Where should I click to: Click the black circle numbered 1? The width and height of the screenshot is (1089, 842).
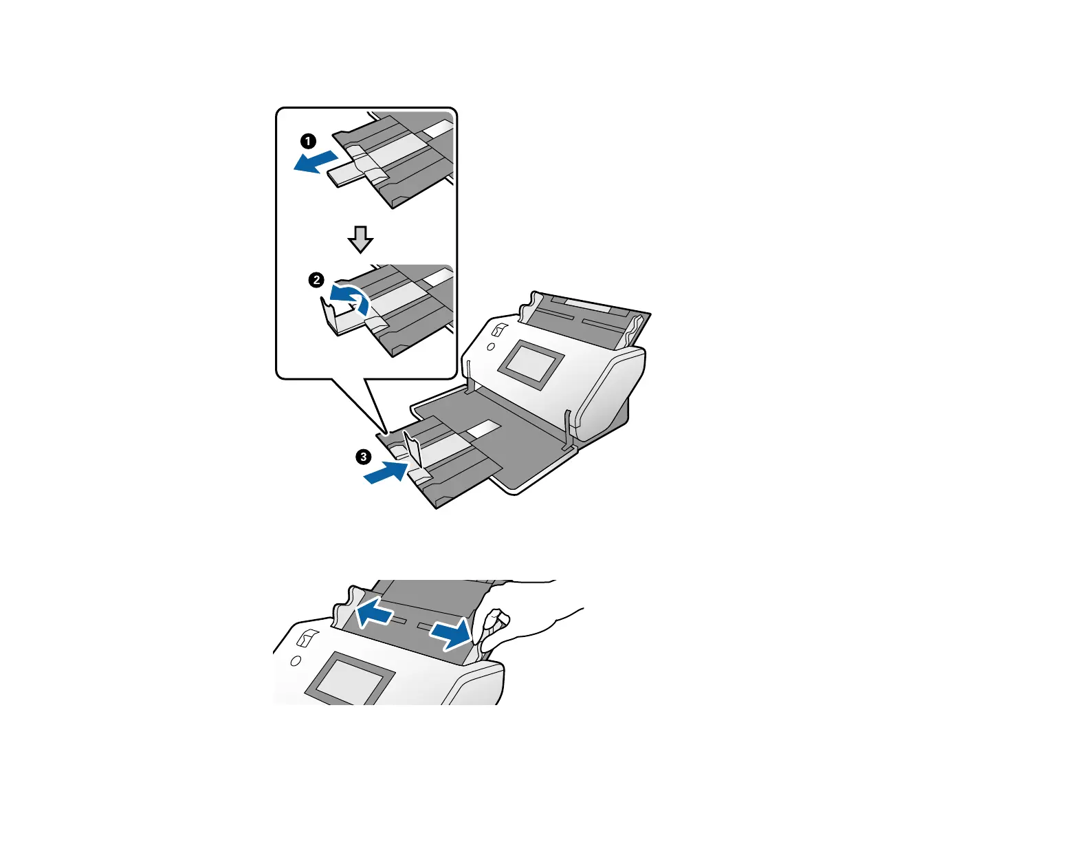[309, 142]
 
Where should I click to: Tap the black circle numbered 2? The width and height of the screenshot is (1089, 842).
[316, 280]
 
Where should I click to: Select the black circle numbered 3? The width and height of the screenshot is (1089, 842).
[363, 457]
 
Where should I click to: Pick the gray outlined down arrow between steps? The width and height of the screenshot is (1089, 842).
[360, 239]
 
